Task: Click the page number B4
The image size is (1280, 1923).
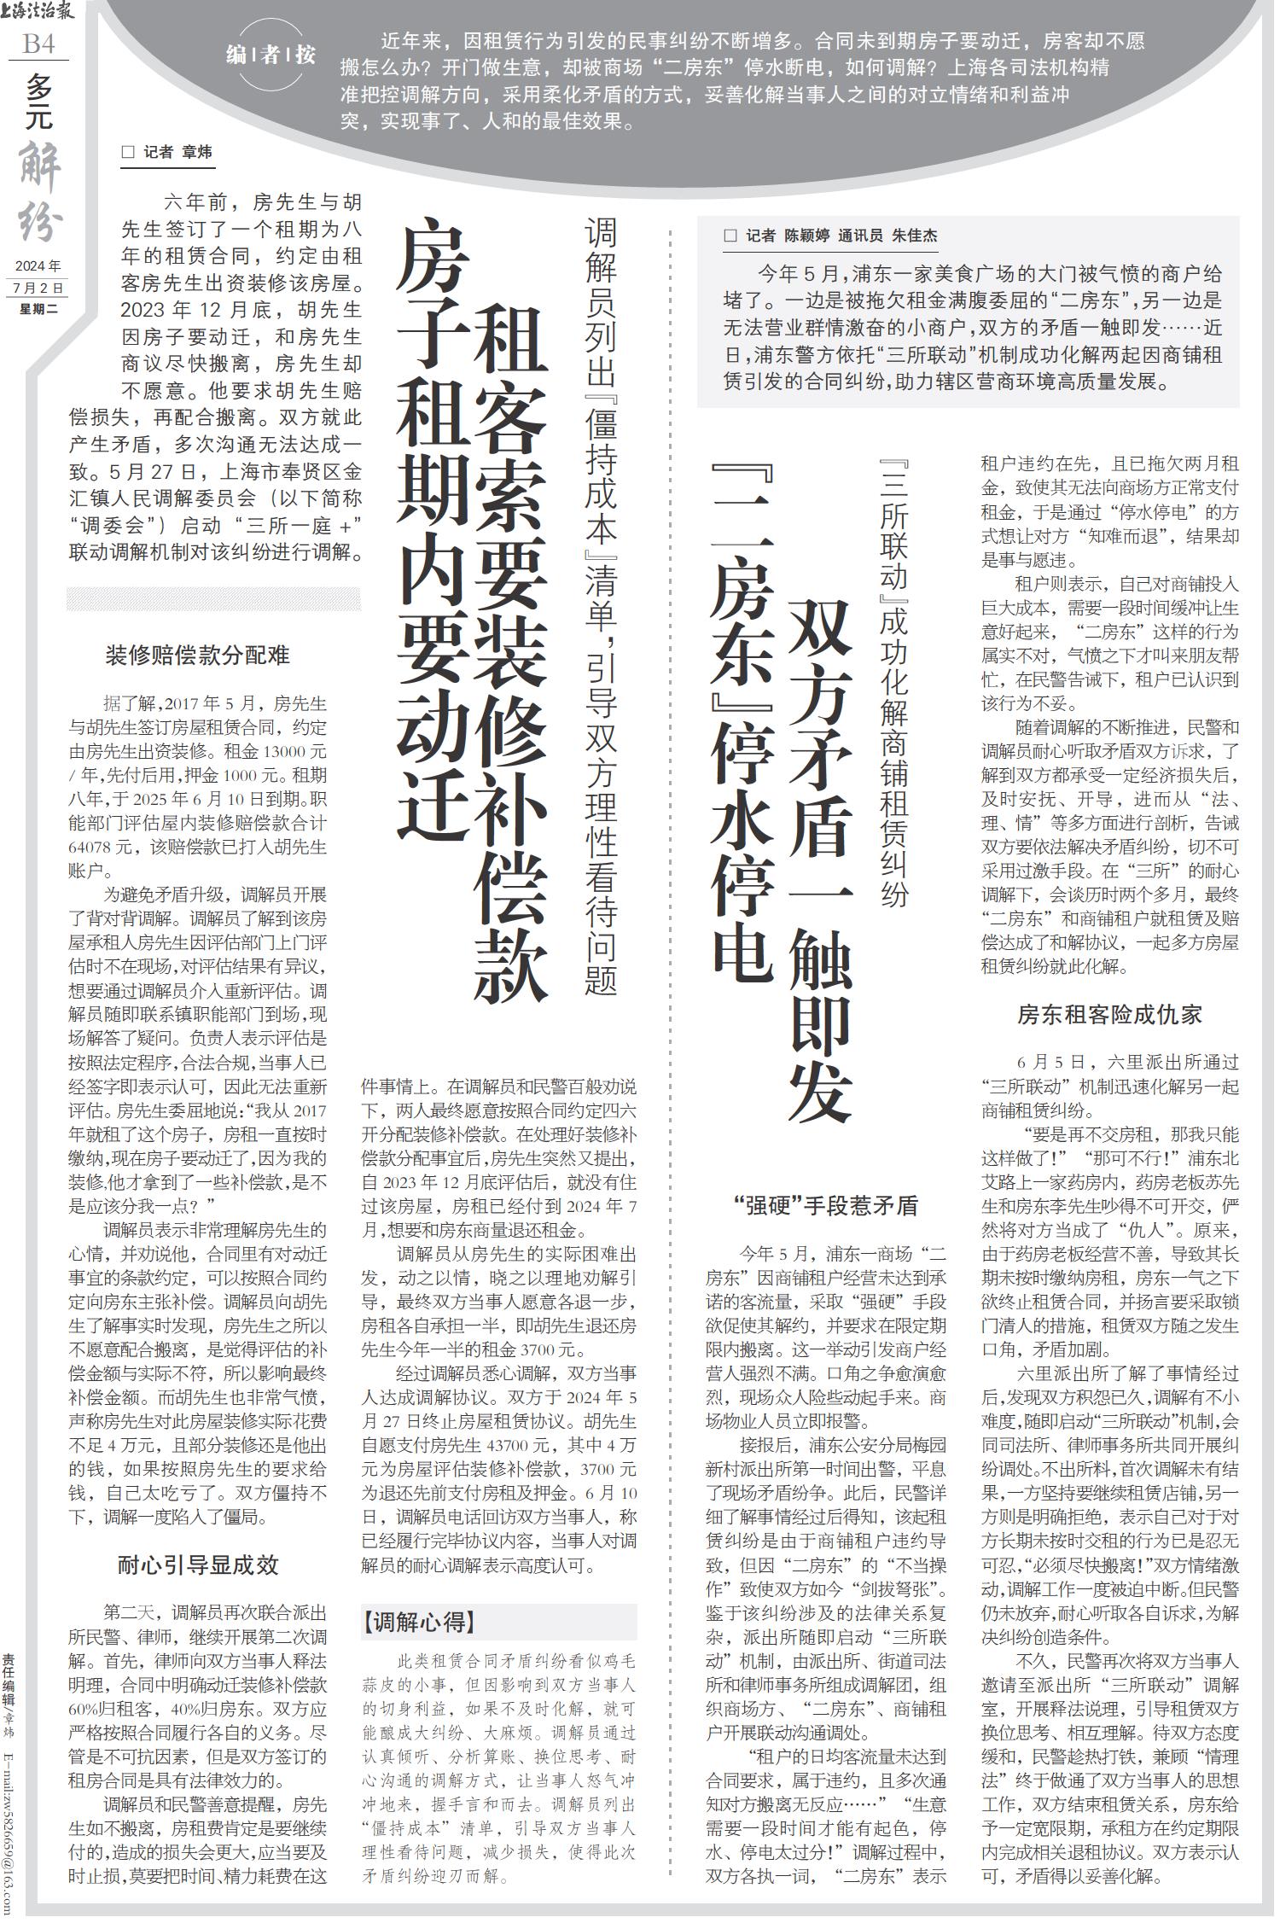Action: [x=38, y=43]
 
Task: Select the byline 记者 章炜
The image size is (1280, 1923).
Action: [x=167, y=153]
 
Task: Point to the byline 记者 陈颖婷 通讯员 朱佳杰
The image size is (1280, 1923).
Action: [x=830, y=236]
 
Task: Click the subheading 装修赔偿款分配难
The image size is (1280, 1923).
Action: [x=197, y=656]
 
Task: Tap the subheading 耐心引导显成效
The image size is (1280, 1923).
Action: [x=197, y=1565]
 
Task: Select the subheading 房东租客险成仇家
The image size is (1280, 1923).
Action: [x=1109, y=1014]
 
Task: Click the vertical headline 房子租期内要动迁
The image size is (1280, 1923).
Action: [x=433, y=529]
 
